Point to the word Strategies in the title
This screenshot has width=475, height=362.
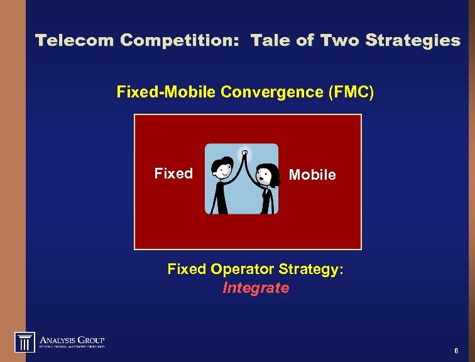(x=413, y=41)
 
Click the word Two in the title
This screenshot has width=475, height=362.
(x=340, y=41)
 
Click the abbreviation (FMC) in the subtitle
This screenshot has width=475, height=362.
(x=351, y=92)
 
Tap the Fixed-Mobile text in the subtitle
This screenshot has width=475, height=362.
(x=167, y=92)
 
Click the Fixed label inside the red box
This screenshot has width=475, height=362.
(x=173, y=173)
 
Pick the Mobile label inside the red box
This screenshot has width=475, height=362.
(x=312, y=175)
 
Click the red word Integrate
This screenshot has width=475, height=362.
(x=256, y=288)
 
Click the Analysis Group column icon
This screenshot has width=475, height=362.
(x=25, y=343)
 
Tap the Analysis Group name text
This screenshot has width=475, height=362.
(x=72, y=339)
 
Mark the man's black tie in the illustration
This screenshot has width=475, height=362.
(x=221, y=192)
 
